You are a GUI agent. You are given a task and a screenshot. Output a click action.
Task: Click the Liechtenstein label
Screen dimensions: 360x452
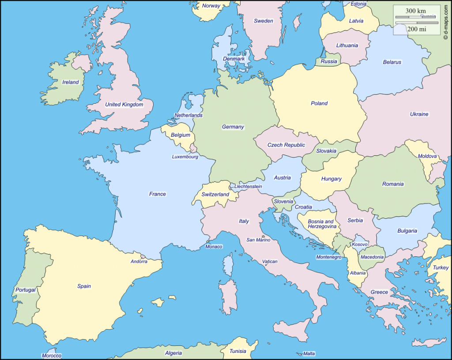(248, 186)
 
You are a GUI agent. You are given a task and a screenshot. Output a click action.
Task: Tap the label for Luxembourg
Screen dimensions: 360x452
(185, 157)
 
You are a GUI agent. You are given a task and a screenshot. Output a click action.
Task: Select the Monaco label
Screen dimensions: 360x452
(214, 247)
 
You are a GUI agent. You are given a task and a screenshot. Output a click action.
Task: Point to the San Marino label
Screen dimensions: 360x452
(258, 240)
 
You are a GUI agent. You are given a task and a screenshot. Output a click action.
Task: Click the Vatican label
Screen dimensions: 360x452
(270, 261)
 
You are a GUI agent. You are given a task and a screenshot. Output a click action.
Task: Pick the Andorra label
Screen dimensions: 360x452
(139, 262)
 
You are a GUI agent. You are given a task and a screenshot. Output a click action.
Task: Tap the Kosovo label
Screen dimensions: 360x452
(360, 244)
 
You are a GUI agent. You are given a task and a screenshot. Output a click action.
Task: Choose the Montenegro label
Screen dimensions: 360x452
(328, 257)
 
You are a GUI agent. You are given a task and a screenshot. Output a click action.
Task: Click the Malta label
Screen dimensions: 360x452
(309, 354)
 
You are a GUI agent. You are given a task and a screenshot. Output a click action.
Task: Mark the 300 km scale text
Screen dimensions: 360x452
(416, 11)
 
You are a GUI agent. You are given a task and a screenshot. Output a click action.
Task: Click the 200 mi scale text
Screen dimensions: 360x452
(416, 29)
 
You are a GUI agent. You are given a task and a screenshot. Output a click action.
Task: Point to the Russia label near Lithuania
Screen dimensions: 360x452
(328, 61)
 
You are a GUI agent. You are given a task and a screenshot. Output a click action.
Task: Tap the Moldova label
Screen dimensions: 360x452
(427, 156)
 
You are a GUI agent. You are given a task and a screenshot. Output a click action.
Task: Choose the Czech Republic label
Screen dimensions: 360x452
(286, 145)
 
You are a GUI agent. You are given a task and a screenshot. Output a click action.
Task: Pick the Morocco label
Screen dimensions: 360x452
(51, 356)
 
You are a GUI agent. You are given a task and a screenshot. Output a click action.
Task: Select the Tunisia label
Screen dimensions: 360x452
(237, 351)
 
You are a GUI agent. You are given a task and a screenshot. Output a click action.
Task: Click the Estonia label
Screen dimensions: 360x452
(358, 4)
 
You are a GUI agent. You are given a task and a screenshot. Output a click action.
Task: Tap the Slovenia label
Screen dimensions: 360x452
(283, 201)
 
